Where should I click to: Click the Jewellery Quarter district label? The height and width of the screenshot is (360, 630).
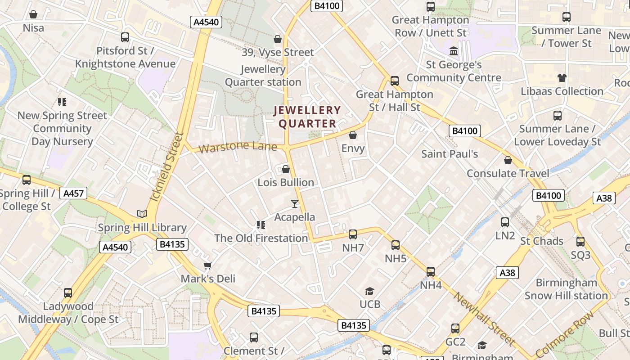click(308, 117)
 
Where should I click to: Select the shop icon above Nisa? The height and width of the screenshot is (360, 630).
click(33, 15)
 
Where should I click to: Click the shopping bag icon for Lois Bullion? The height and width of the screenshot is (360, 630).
click(285, 170)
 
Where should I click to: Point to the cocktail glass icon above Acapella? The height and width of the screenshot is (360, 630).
click(294, 204)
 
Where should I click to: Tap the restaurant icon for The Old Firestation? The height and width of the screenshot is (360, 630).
click(261, 225)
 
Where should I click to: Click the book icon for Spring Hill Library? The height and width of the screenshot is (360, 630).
click(142, 214)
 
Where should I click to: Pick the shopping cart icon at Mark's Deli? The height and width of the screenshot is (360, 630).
click(207, 265)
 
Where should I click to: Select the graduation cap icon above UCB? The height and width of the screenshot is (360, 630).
click(369, 291)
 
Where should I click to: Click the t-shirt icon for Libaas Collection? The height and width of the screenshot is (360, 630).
click(562, 78)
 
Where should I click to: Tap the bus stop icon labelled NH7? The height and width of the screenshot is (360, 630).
click(353, 234)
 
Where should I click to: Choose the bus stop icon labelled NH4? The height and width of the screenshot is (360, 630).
click(431, 272)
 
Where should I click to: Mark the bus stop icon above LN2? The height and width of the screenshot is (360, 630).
click(505, 222)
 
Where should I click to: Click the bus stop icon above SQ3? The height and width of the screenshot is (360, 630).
click(580, 242)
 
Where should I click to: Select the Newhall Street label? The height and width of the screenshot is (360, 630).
click(484, 319)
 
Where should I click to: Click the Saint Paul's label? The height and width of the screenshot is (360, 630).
click(450, 154)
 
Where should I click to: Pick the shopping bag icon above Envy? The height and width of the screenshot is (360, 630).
click(353, 135)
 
